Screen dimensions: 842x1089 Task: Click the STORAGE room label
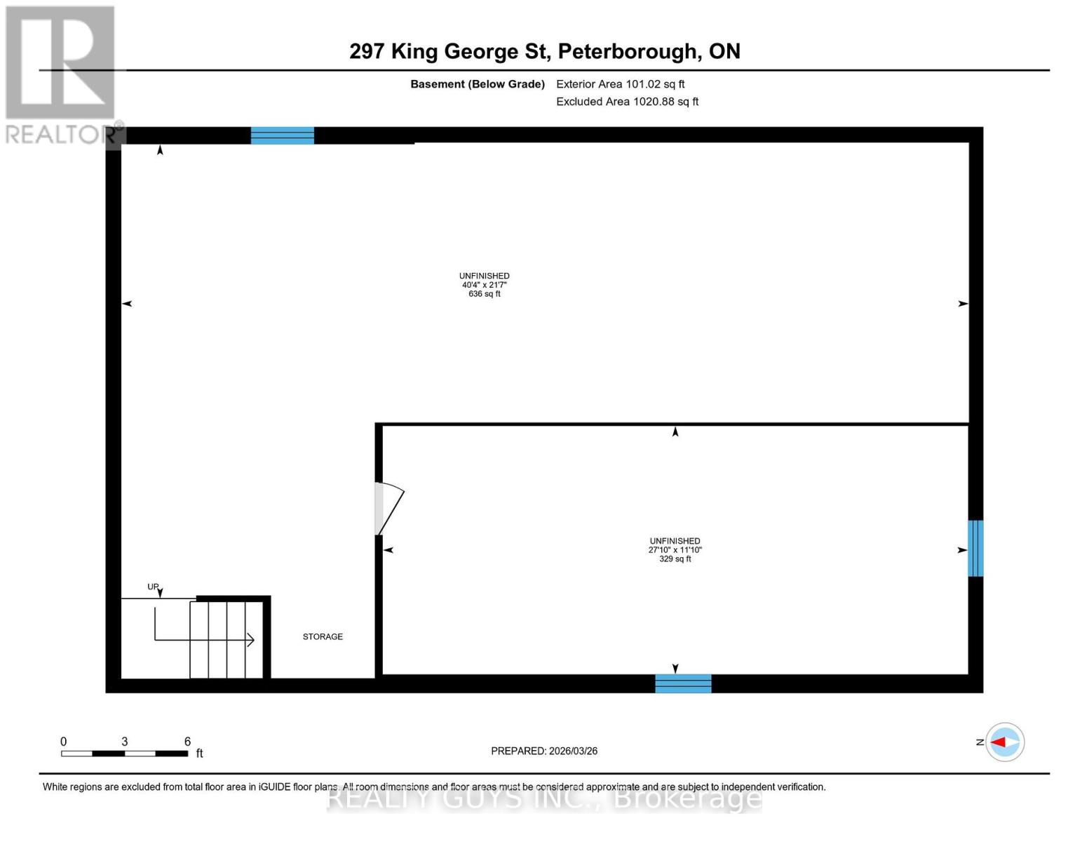click(x=323, y=637)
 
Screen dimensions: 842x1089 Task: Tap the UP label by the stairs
click(x=153, y=587)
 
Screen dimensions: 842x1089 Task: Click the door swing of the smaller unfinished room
click(x=390, y=508)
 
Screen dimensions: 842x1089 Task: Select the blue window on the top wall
click(x=283, y=135)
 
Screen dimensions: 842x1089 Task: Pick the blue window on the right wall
click(x=975, y=548)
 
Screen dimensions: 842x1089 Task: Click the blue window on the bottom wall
click(x=683, y=683)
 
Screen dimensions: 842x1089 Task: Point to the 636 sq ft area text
click(x=485, y=294)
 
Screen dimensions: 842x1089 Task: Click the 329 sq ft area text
click(x=675, y=559)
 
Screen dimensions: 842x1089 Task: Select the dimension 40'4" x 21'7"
click(x=485, y=285)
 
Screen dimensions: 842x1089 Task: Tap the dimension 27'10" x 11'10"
click(x=675, y=550)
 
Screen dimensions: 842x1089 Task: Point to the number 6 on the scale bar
click(x=187, y=742)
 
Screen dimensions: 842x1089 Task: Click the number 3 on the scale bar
click(x=125, y=742)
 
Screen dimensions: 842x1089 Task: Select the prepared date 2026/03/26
click(x=573, y=751)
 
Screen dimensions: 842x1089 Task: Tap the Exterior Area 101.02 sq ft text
click(x=621, y=84)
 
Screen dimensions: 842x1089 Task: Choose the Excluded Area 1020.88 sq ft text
click(x=628, y=102)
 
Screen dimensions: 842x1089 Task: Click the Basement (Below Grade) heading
click(x=478, y=84)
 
